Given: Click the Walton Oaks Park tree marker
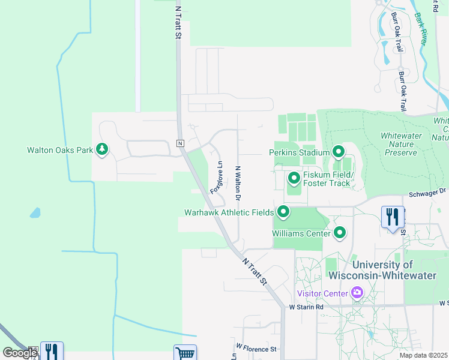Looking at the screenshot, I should click(102, 149).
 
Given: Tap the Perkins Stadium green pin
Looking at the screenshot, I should click(338, 152).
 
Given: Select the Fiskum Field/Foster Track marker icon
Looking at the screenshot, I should click(294, 178).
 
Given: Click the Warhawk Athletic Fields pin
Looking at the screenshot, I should click(283, 212).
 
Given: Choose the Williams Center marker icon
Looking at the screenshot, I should click(340, 232).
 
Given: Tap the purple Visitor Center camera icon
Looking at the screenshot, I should click(358, 293).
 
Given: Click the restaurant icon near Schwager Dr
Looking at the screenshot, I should click(393, 217).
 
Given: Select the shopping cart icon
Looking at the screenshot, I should click(185, 353).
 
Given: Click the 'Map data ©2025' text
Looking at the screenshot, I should click(423, 355).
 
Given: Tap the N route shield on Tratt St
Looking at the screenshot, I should click(179, 143).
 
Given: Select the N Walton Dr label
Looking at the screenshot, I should click(238, 183).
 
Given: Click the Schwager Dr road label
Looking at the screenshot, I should click(429, 192).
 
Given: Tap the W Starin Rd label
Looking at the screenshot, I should click(306, 307).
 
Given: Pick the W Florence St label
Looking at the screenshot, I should click(256, 348).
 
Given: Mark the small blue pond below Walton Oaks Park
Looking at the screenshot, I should click(35, 212).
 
